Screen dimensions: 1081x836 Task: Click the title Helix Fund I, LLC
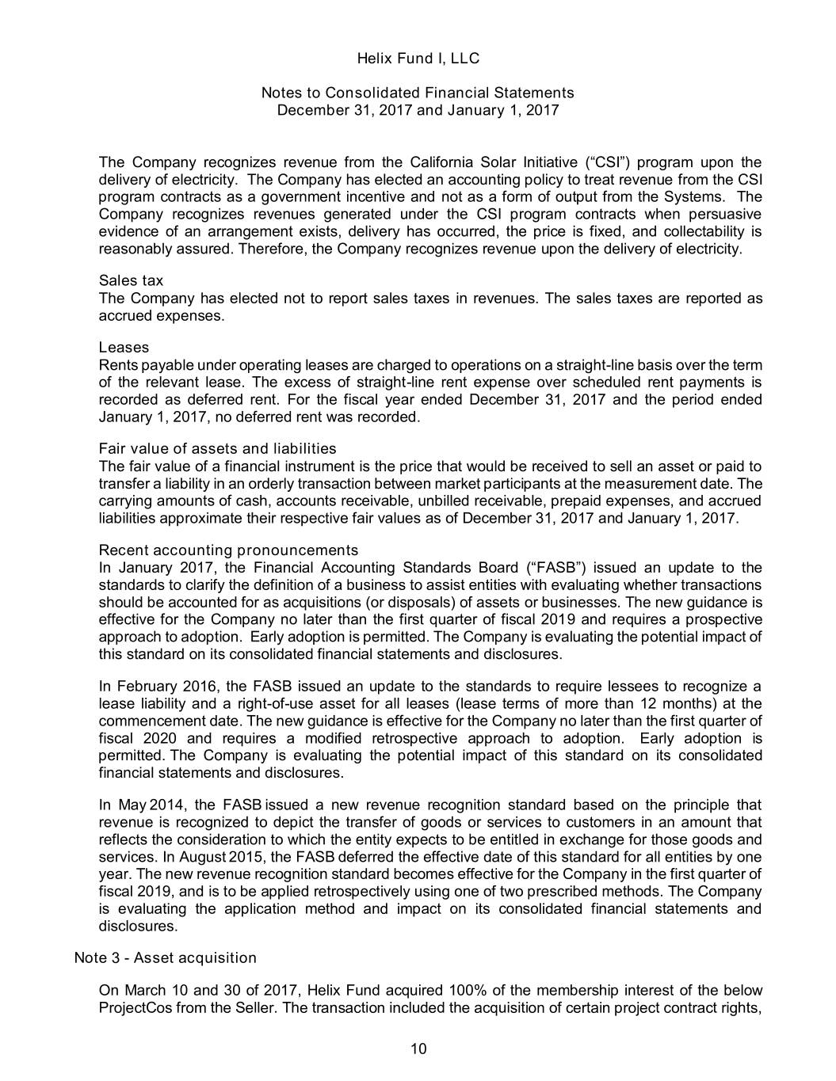[x=418, y=59]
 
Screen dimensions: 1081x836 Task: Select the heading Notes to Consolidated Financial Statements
[x=418, y=93]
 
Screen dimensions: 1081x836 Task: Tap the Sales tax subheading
[x=131, y=281]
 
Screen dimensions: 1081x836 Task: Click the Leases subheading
[x=124, y=348]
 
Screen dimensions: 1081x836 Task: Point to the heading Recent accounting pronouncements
[x=228, y=550]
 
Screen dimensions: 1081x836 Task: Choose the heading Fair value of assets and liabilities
[x=217, y=449]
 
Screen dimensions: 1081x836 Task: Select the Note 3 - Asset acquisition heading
[x=165, y=958]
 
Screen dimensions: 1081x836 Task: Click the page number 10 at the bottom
[x=418, y=1050]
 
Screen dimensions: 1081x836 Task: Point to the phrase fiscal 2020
[x=132, y=738]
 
